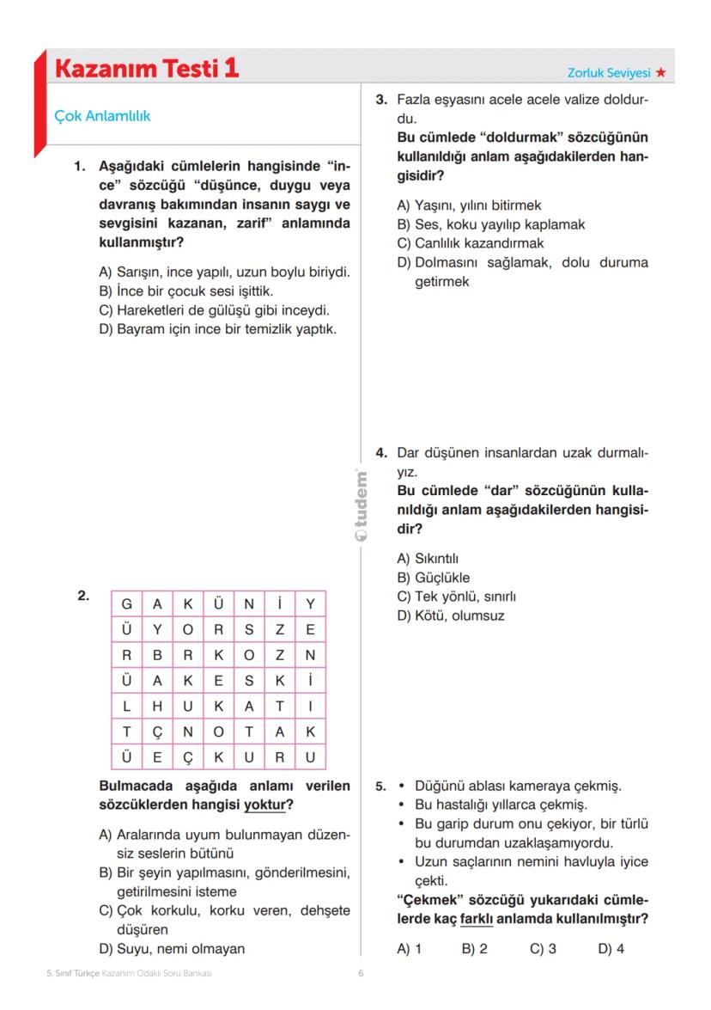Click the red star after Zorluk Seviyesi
pyautogui.click(x=660, y=73)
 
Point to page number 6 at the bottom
pyautogui.click(x=362, y=974)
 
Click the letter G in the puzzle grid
pyautogui.click(x=126, y=603)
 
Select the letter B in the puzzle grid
pyautogui.click(x=157, y=654)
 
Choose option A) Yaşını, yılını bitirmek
pyautogui.click(x=469, y=205)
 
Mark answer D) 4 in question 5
pyautogui.click(x=611, y=950)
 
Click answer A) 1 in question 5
pyautogui.click(x=409, y=950)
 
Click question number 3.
pyautogui.click(x=382, y=101)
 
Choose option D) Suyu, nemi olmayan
pyautogui.click(x=172, y=949)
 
